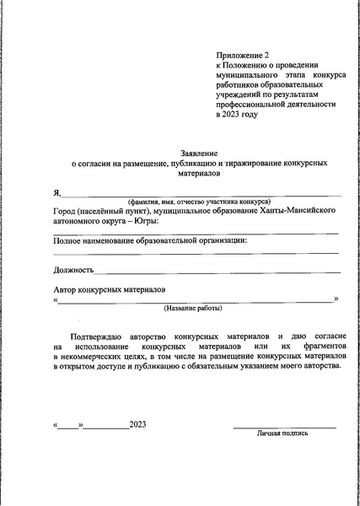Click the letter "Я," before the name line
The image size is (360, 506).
click(56, 193)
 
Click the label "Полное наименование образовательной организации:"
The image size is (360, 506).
click(150, 241)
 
